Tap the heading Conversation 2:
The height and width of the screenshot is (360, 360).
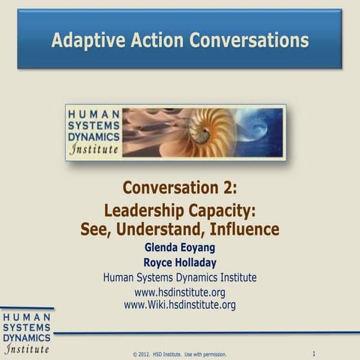pyautogui.click(x=179, y=187)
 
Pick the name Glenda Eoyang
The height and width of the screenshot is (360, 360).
pyautogui.click(x=180, y=247)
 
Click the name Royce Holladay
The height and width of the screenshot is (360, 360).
pyautogui.click(x=180, y=262)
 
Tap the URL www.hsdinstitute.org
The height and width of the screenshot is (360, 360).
pyautogui.click(x=180, y=292)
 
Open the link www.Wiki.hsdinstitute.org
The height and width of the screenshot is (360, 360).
pyautogui.click(x=180, y=304)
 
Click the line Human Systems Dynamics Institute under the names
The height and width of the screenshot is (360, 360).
pyautogui.click(x=180, y=277)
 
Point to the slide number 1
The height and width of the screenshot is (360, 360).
pyautogui.click(x=313, y=352)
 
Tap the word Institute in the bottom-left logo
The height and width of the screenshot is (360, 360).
pyautogui.click(x=27, y=349)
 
